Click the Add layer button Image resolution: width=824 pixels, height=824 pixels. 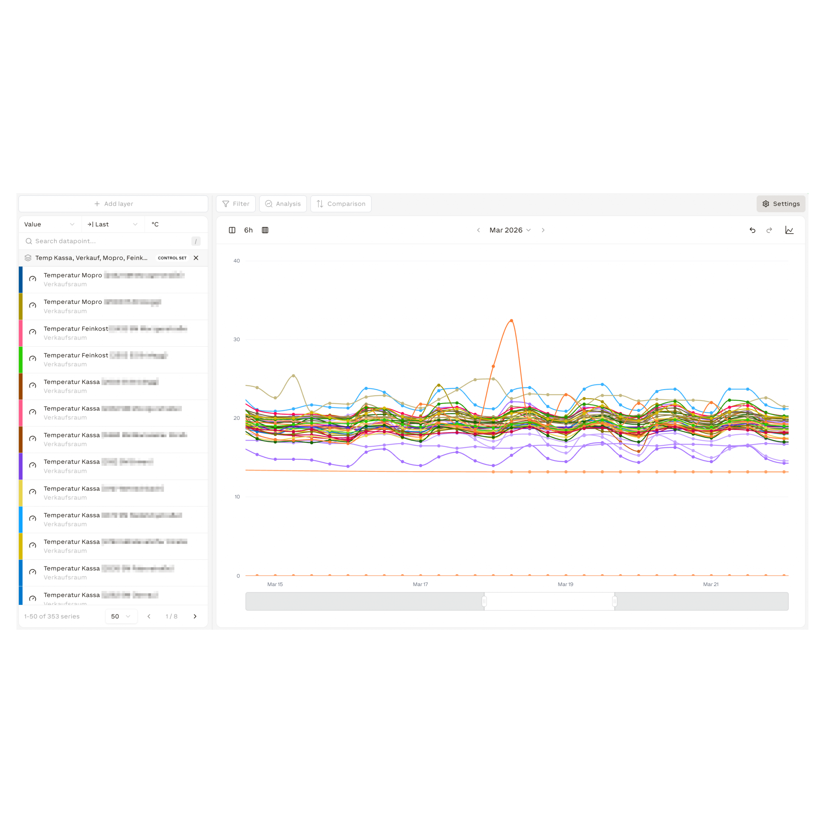(x=113, y=204)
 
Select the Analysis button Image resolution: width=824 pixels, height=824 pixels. (x=283, y=204)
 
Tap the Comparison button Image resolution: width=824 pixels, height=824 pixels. (x=341, y=204)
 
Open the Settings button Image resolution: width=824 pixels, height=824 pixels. (x=781, y=204)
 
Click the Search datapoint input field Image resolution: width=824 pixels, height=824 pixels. (x=111, y=241)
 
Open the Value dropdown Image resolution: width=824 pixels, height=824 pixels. (x=50, y=224)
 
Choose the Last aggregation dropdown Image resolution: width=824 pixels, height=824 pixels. (x=113, y=224)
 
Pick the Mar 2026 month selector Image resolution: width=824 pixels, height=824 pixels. (x=510, y=230)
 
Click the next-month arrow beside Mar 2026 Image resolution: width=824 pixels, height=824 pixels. (x=543, y=230)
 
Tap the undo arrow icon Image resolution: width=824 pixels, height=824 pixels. (x=752, y=230)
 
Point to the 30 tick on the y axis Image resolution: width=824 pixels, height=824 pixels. (x=237, y=340)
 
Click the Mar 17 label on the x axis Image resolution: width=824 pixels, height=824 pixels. (x=420, y=584)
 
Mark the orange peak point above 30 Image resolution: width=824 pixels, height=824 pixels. (x=511, y=320)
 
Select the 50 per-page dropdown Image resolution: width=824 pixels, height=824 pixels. (x=121, y=616)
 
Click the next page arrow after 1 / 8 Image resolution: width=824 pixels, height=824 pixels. (x=195, y=616)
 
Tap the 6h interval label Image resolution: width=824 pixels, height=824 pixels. (x=248, y=230)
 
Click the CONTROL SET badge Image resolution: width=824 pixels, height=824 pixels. (x=172, y=258)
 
